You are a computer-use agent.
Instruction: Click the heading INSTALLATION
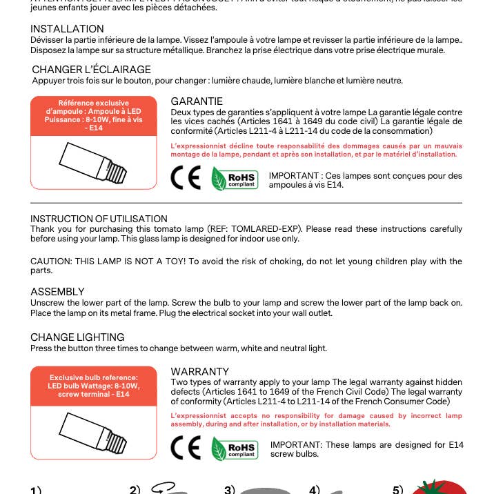[x=67, y=29]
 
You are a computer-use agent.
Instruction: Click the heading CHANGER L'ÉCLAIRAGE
[x=91, y=70]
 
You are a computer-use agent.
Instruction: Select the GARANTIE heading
[x=197, y=101]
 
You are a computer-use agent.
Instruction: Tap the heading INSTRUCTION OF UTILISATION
[x=99, y=219]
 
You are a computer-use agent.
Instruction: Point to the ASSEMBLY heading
[x=57, y=292]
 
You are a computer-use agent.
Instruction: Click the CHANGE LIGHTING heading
[x=77, y=337]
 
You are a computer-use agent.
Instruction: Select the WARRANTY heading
[x=199, y=371]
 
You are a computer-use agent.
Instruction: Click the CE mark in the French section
[x=186, y=179]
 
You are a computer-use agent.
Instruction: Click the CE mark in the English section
[x=186, y=448]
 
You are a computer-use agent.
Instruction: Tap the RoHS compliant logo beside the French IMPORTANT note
[x=234, y=179]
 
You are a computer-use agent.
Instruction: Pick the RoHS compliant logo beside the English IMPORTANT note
[x=235, y=449]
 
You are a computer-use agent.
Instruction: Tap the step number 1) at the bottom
[x=36, y=490]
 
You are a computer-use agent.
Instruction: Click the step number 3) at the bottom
[x=230, y=490]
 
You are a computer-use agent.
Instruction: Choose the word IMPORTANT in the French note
[x=293, y=176]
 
